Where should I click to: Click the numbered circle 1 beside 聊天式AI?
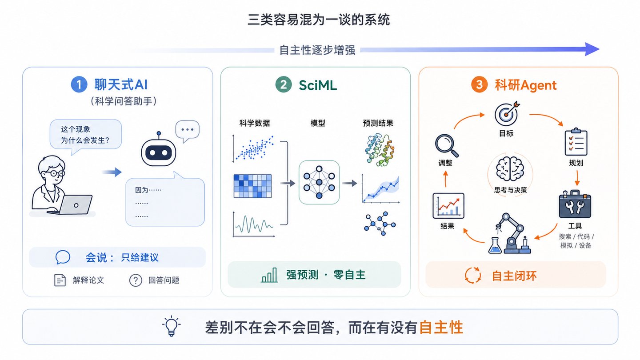tap(79, 84)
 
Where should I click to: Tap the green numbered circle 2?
tap(284, 84)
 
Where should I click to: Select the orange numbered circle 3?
tap(479, 84)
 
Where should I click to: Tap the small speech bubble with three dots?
tap(187, 131)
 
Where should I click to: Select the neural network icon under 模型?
tap(319, 182)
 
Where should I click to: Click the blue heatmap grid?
tap(252, 186)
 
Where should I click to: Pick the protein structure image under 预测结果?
tap(380, 149)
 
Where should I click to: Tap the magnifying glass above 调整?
tap(447, 146)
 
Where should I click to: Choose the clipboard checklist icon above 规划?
tap(576, 142)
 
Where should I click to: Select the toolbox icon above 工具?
tap(575, 204)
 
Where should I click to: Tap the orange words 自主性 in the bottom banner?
tap(441, 328)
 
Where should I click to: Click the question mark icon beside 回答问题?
tap(136, 280)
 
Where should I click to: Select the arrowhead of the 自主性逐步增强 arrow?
tap(592, 49)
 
